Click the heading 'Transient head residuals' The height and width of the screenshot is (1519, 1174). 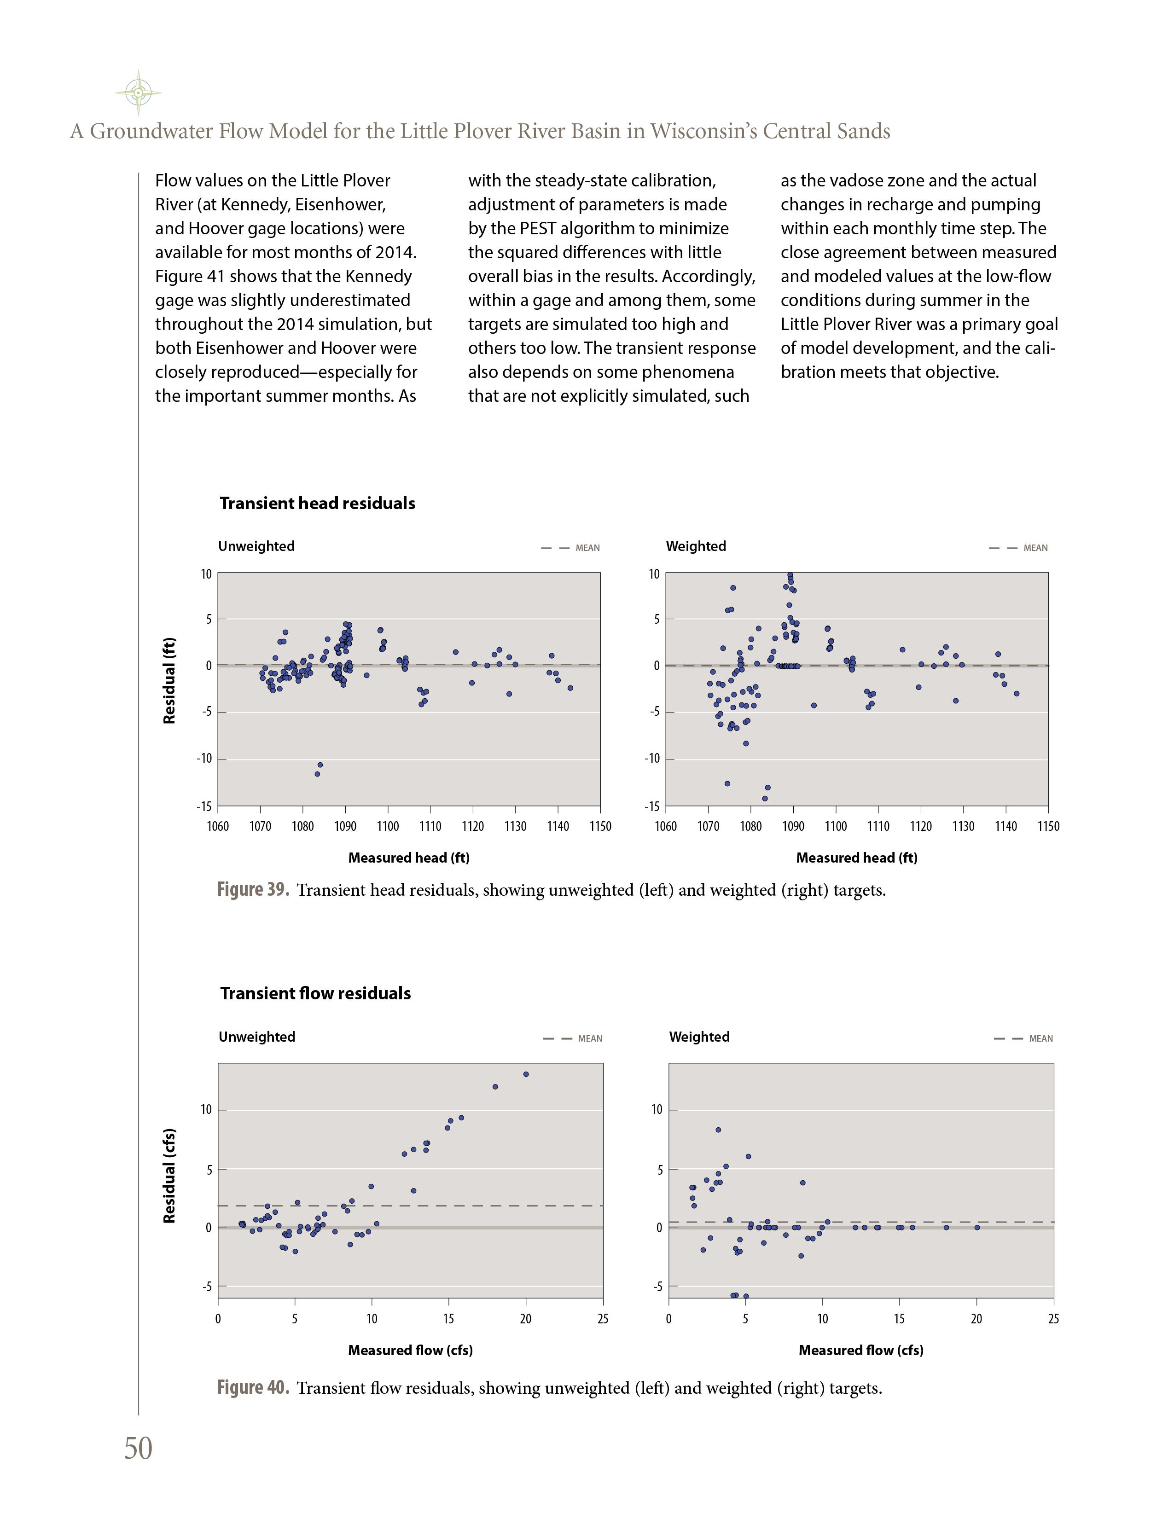317,504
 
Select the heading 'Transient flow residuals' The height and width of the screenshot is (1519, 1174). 315,993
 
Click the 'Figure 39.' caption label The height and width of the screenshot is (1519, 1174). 252,890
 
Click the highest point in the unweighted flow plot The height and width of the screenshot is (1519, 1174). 526,1074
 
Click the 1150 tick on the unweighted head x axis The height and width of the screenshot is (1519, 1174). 600,826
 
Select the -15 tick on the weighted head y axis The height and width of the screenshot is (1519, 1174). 651,807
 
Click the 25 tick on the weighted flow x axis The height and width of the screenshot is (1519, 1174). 1053,1319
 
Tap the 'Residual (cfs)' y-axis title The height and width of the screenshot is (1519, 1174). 169,1176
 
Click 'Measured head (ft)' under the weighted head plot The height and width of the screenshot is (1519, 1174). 856,858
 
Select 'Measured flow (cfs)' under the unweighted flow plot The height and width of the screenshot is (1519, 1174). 410,1351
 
